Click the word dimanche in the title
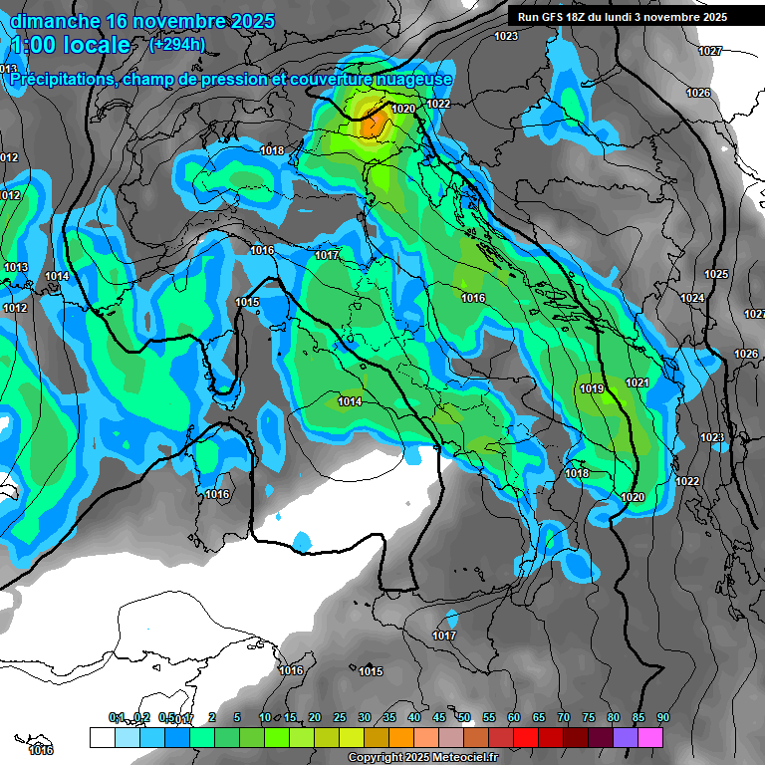55,21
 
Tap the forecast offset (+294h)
176,44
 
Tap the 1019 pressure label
592,388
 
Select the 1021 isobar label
637,382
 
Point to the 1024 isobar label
693,298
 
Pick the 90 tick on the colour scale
663,717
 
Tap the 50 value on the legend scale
464,717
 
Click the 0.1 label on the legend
117,717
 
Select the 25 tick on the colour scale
340,717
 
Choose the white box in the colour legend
102,737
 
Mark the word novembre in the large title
183,21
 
